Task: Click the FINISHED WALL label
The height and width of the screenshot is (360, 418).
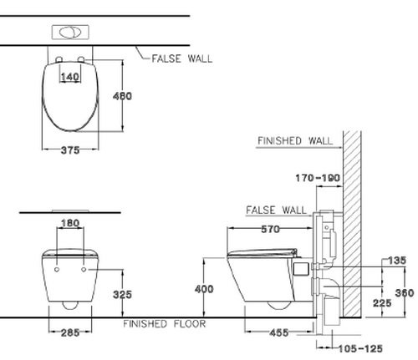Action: pyautogui.click(x=294, y=140)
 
